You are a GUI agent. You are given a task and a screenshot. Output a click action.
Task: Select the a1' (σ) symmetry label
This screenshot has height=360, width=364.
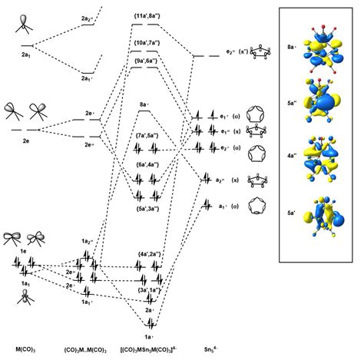pyautogui.click(x=229, y=206)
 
